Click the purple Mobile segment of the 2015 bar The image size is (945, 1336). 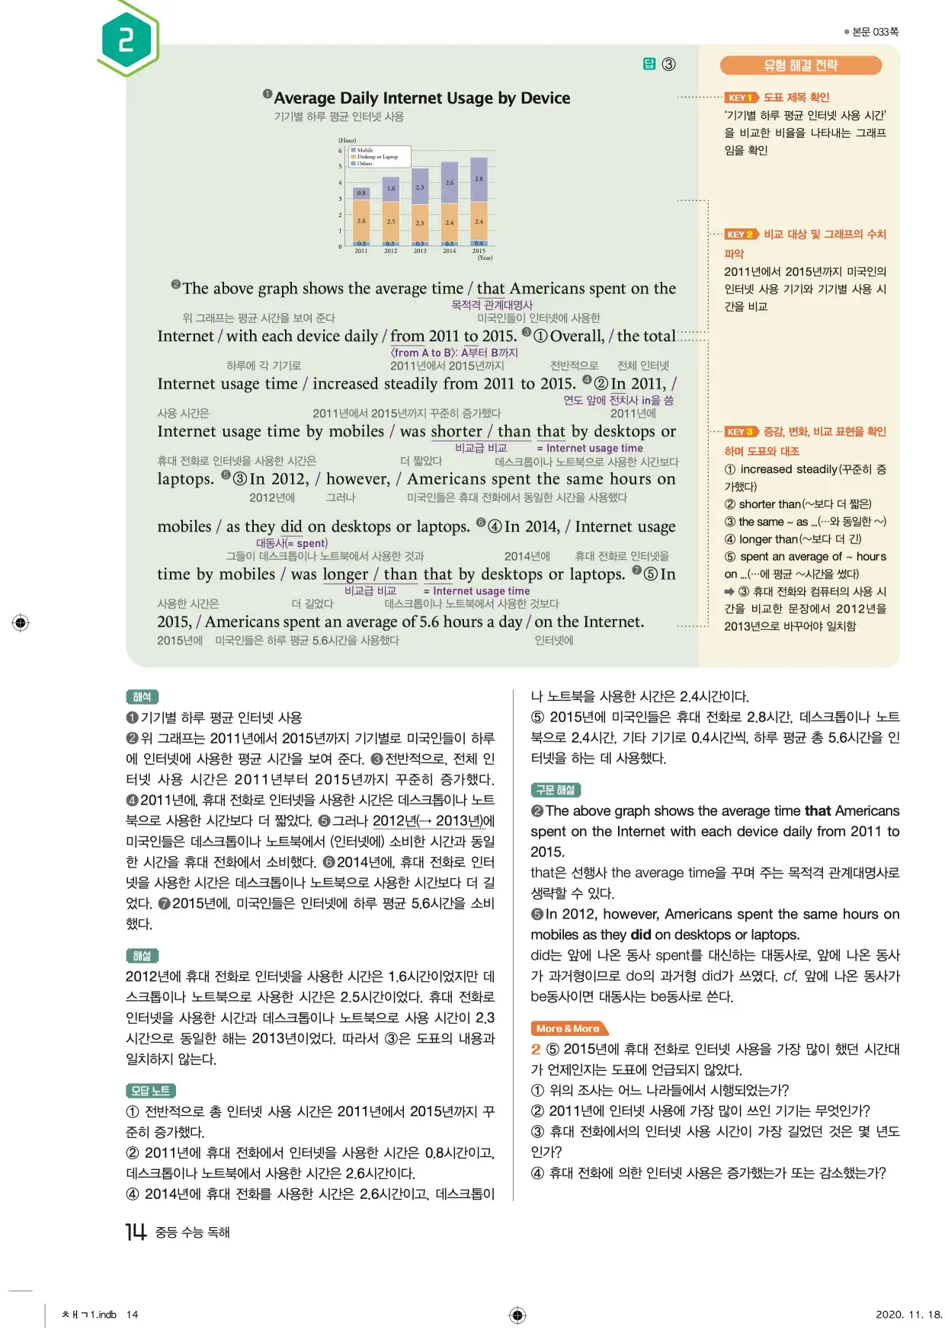[x=479, y=179]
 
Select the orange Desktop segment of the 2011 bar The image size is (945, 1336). [x=361, y=220]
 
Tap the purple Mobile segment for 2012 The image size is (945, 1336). [x=390, y=189]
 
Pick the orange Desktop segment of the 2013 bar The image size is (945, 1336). [x=420, y=223]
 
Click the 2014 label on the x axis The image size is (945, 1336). [x=450, y=251]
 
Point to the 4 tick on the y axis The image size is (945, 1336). [x=341, y=183]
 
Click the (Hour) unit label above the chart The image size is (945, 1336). [x=348, y=140]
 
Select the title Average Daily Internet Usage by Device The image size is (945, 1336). [x=421, y=98]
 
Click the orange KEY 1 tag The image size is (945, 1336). [x=740, y=97]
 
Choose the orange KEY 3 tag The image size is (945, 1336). [x=740, y=431]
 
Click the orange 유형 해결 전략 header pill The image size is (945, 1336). [x=800, y=66]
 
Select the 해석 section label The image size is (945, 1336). [x=142, y=696]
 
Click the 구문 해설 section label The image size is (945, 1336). [x=556, y=790]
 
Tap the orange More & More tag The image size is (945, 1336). [x=569, y=1028]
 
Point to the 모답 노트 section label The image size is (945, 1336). [x=150, y=1091]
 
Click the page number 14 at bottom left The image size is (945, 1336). [x=136, y=1232]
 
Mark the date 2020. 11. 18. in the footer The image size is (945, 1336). [x=908, y=1314]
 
